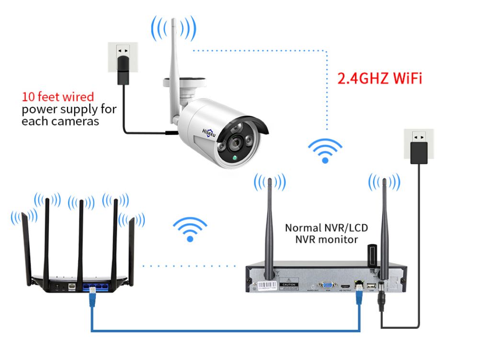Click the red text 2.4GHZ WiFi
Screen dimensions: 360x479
pyautogui.click(x=380, y=78)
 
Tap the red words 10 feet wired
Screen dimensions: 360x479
pyautogui.click(x=57, y=97)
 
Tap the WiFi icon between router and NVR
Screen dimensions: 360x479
pyautogui.click(x=190, y=229)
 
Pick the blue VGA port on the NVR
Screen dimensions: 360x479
pyautogui.click(x=328, y=284)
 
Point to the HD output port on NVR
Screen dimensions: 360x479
pyautogui.click(x=344, y=285)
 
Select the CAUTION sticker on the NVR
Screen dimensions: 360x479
pyautogui.click(x=289, y=284)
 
